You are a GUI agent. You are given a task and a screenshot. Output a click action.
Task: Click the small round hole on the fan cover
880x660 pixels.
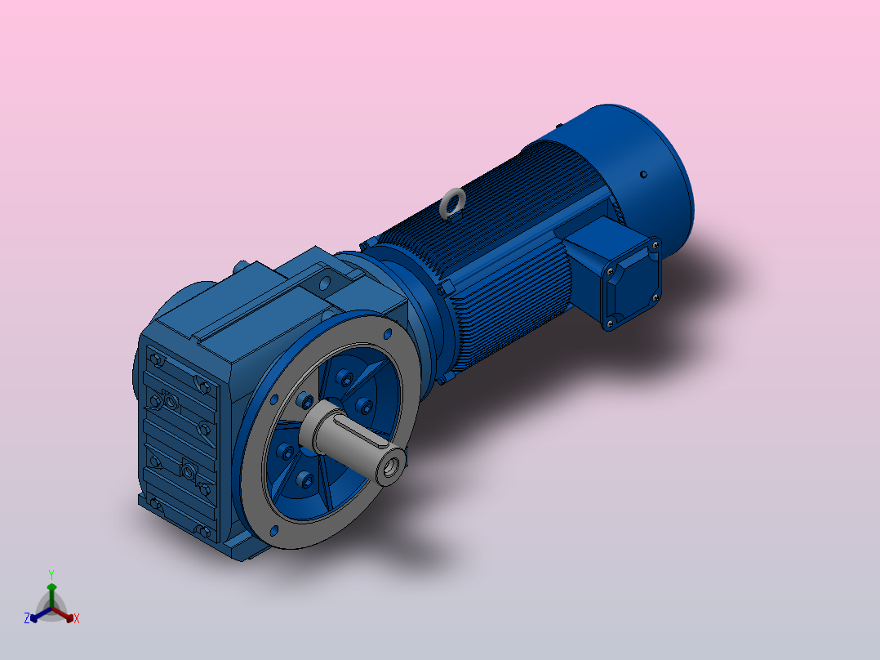(643, 173)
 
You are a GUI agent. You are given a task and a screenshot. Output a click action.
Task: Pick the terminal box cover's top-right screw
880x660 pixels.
(655, 244)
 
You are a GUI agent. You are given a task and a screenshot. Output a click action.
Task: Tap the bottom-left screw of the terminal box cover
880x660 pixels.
(608, 324)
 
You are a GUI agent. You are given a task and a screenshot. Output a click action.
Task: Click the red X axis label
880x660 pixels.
(77, 618)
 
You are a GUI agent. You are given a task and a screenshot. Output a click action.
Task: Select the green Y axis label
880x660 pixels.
(51, 574)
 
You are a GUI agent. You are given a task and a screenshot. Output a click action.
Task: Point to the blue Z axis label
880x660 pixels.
(27, 618)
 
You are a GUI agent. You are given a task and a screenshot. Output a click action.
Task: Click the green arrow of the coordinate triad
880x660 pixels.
(51, 588)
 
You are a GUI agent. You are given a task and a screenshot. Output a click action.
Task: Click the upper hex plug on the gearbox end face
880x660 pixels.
(170, 401)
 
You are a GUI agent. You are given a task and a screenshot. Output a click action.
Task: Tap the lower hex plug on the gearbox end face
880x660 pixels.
(188, 471)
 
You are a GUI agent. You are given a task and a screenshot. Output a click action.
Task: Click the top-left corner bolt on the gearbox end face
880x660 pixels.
(154, 359)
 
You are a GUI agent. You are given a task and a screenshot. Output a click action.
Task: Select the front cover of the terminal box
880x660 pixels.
(631, 283)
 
